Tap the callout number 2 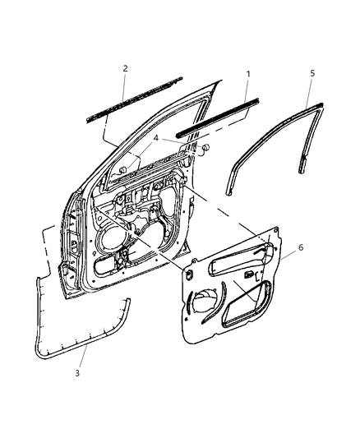click(x=125, y=69)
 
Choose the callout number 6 click(x=300, y=247)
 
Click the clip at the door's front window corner click(x=122, y=170)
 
